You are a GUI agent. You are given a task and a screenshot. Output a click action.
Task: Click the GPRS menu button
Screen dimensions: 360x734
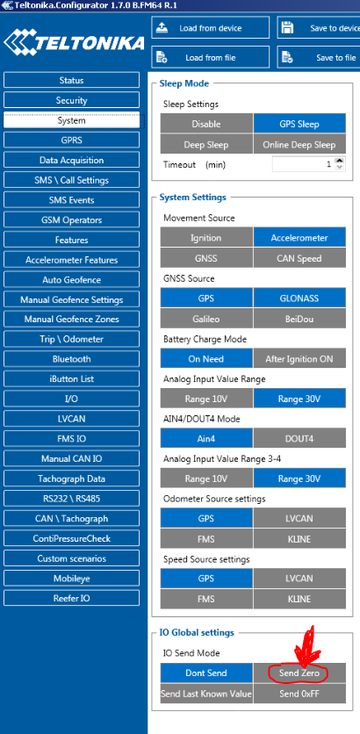pyautogui.click(x=71, y=140)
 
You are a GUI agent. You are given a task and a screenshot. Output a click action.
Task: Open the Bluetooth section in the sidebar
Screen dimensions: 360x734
pyautogui.click(x=71, y=359)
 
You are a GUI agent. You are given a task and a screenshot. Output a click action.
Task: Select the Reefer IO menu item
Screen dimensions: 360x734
pyautogui.click(x=71, y=598)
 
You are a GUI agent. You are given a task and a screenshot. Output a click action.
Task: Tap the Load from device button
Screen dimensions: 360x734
pyautogui.click(x=210, y=28)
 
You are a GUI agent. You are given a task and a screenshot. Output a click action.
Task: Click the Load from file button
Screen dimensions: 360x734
pyautogui.click(x=210, y=58)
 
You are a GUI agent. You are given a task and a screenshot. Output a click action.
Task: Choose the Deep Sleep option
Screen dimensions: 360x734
pyautogui.click(x=206, y=145)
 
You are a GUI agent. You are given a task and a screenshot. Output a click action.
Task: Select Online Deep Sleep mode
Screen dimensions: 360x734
pyautogui.click(x=299, y=145)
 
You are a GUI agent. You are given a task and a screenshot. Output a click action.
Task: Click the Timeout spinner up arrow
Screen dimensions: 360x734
pyautogui.click(x=340, y=162)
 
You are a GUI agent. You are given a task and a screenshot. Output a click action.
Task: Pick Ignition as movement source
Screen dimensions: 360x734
pyautogui.click(x=206, y=238)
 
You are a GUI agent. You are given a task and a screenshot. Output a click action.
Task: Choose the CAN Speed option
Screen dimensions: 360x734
pyautogui.click(x=299, y=258)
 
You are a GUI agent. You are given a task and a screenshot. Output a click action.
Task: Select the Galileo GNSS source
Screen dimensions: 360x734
pyautogui.click(x=206, y=319)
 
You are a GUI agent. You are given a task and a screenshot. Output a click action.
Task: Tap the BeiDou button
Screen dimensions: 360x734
pyautogui.click(x=299, y=319)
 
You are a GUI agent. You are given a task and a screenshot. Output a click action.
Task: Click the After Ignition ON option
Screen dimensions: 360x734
pyautogui.click(x=299, y=359)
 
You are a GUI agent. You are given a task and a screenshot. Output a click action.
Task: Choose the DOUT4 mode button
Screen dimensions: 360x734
pyautogui.click(x=299, y=439)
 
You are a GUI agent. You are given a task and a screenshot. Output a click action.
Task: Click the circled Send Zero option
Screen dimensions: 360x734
pyautogui.click(x=299, y=673)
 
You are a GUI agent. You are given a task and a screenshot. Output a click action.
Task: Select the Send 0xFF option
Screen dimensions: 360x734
pyautogui.click(x=299, y=694)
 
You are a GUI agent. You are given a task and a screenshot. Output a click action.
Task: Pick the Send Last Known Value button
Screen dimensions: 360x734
pyautogui.click(x=206, y=694)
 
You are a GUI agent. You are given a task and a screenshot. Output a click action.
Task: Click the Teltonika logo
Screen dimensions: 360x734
pyautogui.click(x=74, y=43)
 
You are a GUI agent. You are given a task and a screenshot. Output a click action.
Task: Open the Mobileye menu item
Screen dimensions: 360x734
pyautogui.click(x=71, y=578)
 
